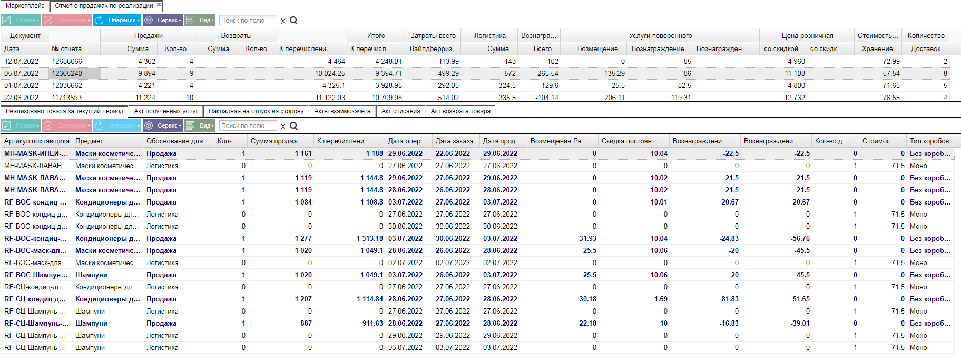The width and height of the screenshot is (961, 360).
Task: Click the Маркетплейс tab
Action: tap(25, 6)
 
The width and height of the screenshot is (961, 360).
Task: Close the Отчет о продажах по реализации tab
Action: tap(159, 5)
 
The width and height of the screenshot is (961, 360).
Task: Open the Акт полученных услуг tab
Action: tap(166, 111)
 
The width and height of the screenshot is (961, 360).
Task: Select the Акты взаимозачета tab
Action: tap(342, 111)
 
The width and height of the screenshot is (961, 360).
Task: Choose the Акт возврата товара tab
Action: tap(460, 111)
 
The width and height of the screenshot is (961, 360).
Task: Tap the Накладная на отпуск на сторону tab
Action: tap(256, 111)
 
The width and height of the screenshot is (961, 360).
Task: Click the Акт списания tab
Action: tap(400, 111)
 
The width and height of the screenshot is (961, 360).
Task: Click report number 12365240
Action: tap(67, 73)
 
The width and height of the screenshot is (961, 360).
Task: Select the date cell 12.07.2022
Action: tap(21, 61)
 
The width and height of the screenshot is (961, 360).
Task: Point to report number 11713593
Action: tap(67, 98)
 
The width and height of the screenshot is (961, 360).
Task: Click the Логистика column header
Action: tap(489, 35)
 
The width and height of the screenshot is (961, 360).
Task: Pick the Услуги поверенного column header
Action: tap(660, 35)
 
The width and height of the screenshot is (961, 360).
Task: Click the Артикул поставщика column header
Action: tap(37, 141)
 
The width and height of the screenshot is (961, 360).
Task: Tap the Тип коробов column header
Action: tap(929, 141)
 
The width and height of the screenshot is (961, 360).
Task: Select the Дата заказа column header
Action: tap(454, 141)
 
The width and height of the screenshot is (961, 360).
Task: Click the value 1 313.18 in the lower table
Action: tap(370, 238)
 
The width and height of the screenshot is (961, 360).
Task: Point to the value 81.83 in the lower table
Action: tap(730, 299)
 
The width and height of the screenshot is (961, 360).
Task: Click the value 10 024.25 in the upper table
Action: tap(330, 73)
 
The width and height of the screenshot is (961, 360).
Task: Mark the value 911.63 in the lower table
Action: tap(372, 323)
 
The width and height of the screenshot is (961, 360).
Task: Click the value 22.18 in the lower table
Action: tap(587, 323)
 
